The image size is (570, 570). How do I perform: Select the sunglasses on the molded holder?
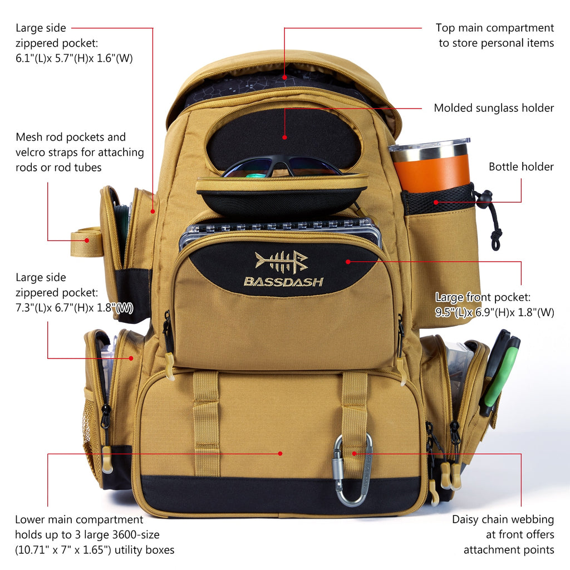[282, 167]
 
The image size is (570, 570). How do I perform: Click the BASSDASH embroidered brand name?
[283, 282]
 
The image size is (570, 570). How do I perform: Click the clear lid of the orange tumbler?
[429, 146]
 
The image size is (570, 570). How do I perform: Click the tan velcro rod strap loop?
[86, 243]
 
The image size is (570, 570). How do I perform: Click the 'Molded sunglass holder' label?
[494, 108]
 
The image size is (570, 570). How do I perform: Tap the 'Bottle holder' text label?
[521, 166]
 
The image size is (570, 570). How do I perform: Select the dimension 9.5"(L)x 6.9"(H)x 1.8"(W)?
[494, 312]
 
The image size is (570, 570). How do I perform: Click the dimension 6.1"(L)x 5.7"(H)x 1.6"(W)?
[74, 58]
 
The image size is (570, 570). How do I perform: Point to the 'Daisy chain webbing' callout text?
[503, 519]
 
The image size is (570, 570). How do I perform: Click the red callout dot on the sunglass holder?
[284, 136]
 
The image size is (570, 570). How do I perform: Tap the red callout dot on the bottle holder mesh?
[436, 202]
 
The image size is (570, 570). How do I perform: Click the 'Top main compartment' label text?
[494, 28]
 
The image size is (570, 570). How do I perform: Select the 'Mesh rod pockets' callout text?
[71, 137]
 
